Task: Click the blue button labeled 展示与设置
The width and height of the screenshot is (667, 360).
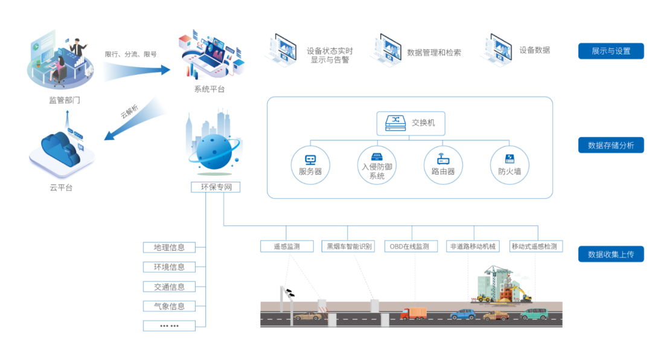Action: tap(611, 51)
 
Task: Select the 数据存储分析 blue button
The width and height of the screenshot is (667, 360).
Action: tap(611, 146)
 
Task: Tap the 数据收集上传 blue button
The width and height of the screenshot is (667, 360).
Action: tap(611, 254)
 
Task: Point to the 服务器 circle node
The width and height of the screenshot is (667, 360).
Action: tap(310, 165)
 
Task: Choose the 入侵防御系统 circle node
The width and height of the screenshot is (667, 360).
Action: tap(377, 165)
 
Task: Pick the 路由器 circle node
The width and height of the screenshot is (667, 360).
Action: tap(442, 165)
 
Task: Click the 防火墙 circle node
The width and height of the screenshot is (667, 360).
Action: tap(509, 165)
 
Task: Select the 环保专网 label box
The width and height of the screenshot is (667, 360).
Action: tap(215, 187)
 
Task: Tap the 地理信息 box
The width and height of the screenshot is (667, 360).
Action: tap(170, 247)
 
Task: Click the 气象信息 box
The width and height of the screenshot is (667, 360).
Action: tap(170, 306)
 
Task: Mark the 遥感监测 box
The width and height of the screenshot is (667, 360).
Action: tap(287, 246)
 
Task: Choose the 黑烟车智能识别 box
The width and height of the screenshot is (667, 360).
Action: tap(349, 246)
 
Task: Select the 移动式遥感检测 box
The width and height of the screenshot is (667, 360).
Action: tap(534, 246)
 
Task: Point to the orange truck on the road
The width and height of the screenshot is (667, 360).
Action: tap(413, 313)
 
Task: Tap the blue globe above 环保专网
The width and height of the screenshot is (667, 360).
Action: tap(214, 151)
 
